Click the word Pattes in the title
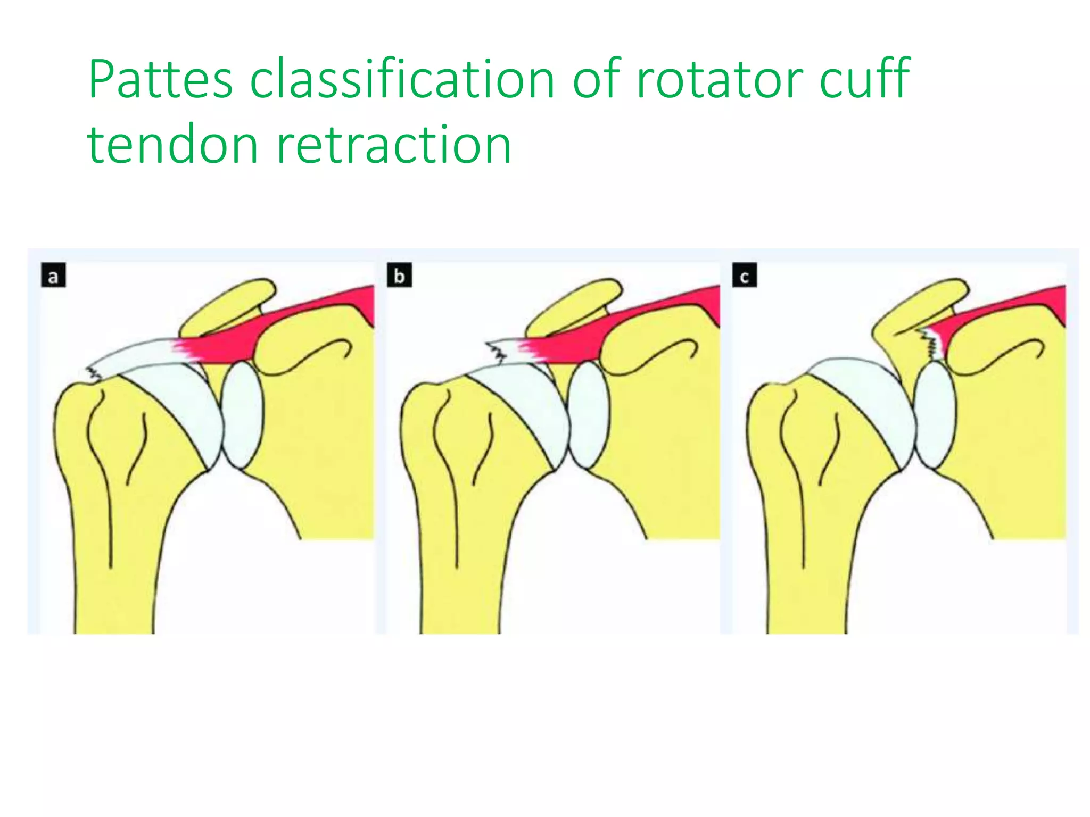tap(160, 80)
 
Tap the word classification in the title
tap(402, 80)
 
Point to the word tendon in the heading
tap(173, 145)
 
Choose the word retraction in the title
tap(394, 145)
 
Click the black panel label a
tap(53, 277)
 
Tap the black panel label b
tap(399, 277)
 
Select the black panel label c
tap(745, 277)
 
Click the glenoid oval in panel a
tap(242, 415)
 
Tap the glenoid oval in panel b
tap(588, 415)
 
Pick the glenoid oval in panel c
tap(935, 415)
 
